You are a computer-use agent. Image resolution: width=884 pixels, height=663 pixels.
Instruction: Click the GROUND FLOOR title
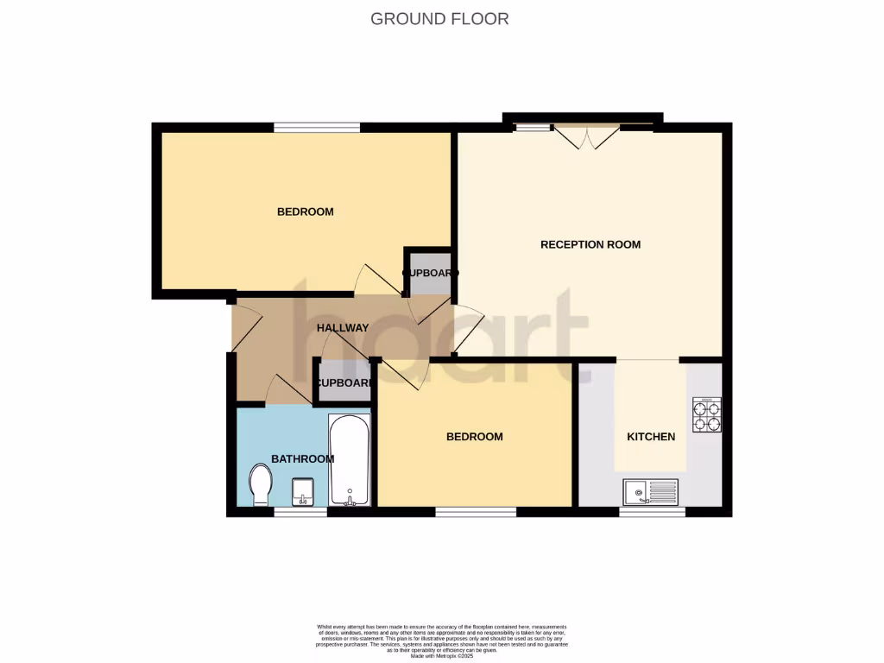coord(439,18)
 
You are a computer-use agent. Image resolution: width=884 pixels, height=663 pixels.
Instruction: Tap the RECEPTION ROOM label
coord(590,244)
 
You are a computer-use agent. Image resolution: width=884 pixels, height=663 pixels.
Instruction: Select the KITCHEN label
coord(651,437)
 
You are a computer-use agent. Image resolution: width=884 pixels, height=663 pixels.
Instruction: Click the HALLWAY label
coord(343,328)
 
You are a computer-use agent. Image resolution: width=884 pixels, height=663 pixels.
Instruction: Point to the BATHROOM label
coord(302,458)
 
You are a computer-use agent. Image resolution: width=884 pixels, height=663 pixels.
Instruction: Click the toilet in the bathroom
coord(259,484)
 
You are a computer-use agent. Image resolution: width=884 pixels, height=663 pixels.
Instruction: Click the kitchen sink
coord(651,491)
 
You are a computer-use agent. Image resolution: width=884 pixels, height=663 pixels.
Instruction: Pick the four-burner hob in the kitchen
coord(706,415)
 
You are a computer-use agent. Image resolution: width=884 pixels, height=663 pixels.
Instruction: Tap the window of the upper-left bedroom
coord(317,128)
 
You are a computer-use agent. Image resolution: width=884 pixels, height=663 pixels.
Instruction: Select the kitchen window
coord(653,512)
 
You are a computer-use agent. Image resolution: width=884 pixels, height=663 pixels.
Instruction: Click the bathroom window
coord(300,512)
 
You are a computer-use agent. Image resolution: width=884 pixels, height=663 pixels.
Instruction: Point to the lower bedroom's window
coord(476,512)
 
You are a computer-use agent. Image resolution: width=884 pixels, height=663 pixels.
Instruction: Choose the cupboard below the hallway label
coord(343,383)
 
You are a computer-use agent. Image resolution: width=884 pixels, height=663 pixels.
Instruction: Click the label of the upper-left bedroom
coord(305,212)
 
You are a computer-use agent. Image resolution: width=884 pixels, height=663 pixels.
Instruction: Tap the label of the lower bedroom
coord(474,437)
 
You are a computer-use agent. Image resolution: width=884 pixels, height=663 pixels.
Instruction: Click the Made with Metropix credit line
coord(442,657)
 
